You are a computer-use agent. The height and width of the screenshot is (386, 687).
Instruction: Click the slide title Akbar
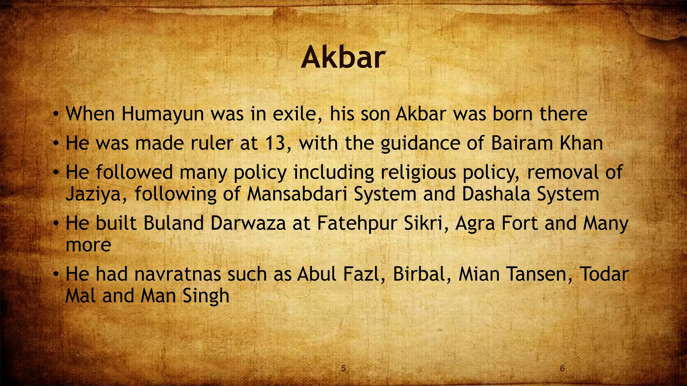(343, 57)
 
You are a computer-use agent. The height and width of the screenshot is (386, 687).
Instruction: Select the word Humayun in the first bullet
(163, 114)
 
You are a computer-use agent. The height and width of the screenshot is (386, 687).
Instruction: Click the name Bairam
(522, 143)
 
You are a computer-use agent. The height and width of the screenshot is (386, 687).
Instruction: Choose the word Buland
(173, 223)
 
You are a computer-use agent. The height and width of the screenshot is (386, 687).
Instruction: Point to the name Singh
(206, 296)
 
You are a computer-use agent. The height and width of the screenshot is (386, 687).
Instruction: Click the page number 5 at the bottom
(343, 369)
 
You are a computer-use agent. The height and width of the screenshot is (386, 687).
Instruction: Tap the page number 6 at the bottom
(563, 369)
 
